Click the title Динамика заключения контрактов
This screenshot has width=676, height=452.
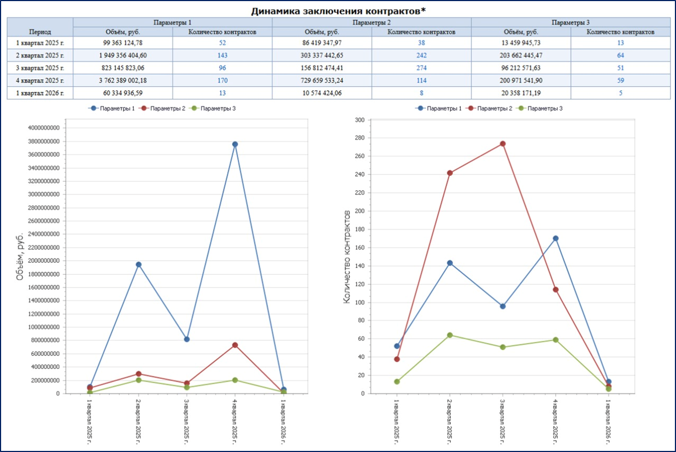coord(338,11)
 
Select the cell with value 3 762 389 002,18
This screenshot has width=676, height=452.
coord(123,81)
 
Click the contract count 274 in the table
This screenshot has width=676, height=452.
coord(421,68)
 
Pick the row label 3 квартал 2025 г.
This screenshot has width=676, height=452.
coord(40,68)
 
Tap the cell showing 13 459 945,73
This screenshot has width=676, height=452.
coord(520,43)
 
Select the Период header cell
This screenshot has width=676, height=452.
coord(40,32)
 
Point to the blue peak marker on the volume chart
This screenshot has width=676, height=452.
coord(235,144)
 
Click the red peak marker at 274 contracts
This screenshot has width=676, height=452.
coord(503,144)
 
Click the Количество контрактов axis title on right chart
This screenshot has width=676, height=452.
coord(346,257)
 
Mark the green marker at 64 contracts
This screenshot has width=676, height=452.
coord(450,335)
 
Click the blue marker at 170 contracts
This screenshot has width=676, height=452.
coord(555,238)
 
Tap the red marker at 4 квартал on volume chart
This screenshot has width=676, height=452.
coord(235,345)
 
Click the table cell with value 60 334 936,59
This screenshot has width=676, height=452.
coord(123,93)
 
